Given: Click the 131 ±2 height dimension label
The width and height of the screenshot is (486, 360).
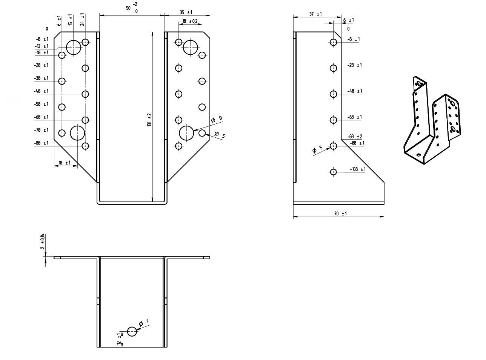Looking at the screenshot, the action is tap(149, 120).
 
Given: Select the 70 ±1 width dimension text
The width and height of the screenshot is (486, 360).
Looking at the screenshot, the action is tap(340, 214).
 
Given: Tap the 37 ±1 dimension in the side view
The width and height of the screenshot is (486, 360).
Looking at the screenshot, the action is tap(315, 14).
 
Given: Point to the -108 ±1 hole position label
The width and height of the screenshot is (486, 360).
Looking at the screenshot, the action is tap(358, 169).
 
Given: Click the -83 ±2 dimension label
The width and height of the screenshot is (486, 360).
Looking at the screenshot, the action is tap(355, 136).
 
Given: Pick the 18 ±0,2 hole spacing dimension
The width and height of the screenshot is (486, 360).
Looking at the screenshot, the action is tap(190, 21).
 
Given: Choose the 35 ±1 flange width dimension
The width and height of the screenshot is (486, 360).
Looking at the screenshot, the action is tap(186, 12).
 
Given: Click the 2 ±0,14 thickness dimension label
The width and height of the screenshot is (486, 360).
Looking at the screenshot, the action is tap(43, 242).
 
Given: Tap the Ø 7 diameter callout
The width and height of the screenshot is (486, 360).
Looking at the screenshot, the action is tap(144, 323).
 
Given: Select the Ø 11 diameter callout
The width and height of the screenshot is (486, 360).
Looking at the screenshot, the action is tap(217, 119).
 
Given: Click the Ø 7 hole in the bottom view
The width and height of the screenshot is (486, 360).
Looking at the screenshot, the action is tap(132, 332).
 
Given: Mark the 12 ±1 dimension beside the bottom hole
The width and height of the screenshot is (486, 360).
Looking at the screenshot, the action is tap(119, 339).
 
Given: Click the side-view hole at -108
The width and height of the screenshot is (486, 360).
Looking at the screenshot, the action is tap(333, 172).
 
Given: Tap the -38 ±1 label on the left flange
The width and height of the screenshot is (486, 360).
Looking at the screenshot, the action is tap(41, 78).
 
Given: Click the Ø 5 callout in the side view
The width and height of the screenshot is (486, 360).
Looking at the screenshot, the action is tap(317, 149).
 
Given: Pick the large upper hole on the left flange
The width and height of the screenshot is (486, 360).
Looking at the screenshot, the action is tap(74, 47).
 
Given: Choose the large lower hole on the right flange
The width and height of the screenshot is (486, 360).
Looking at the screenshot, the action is tap(186, 133).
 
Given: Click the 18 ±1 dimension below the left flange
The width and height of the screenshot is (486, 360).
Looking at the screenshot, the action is tap(65, 163).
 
